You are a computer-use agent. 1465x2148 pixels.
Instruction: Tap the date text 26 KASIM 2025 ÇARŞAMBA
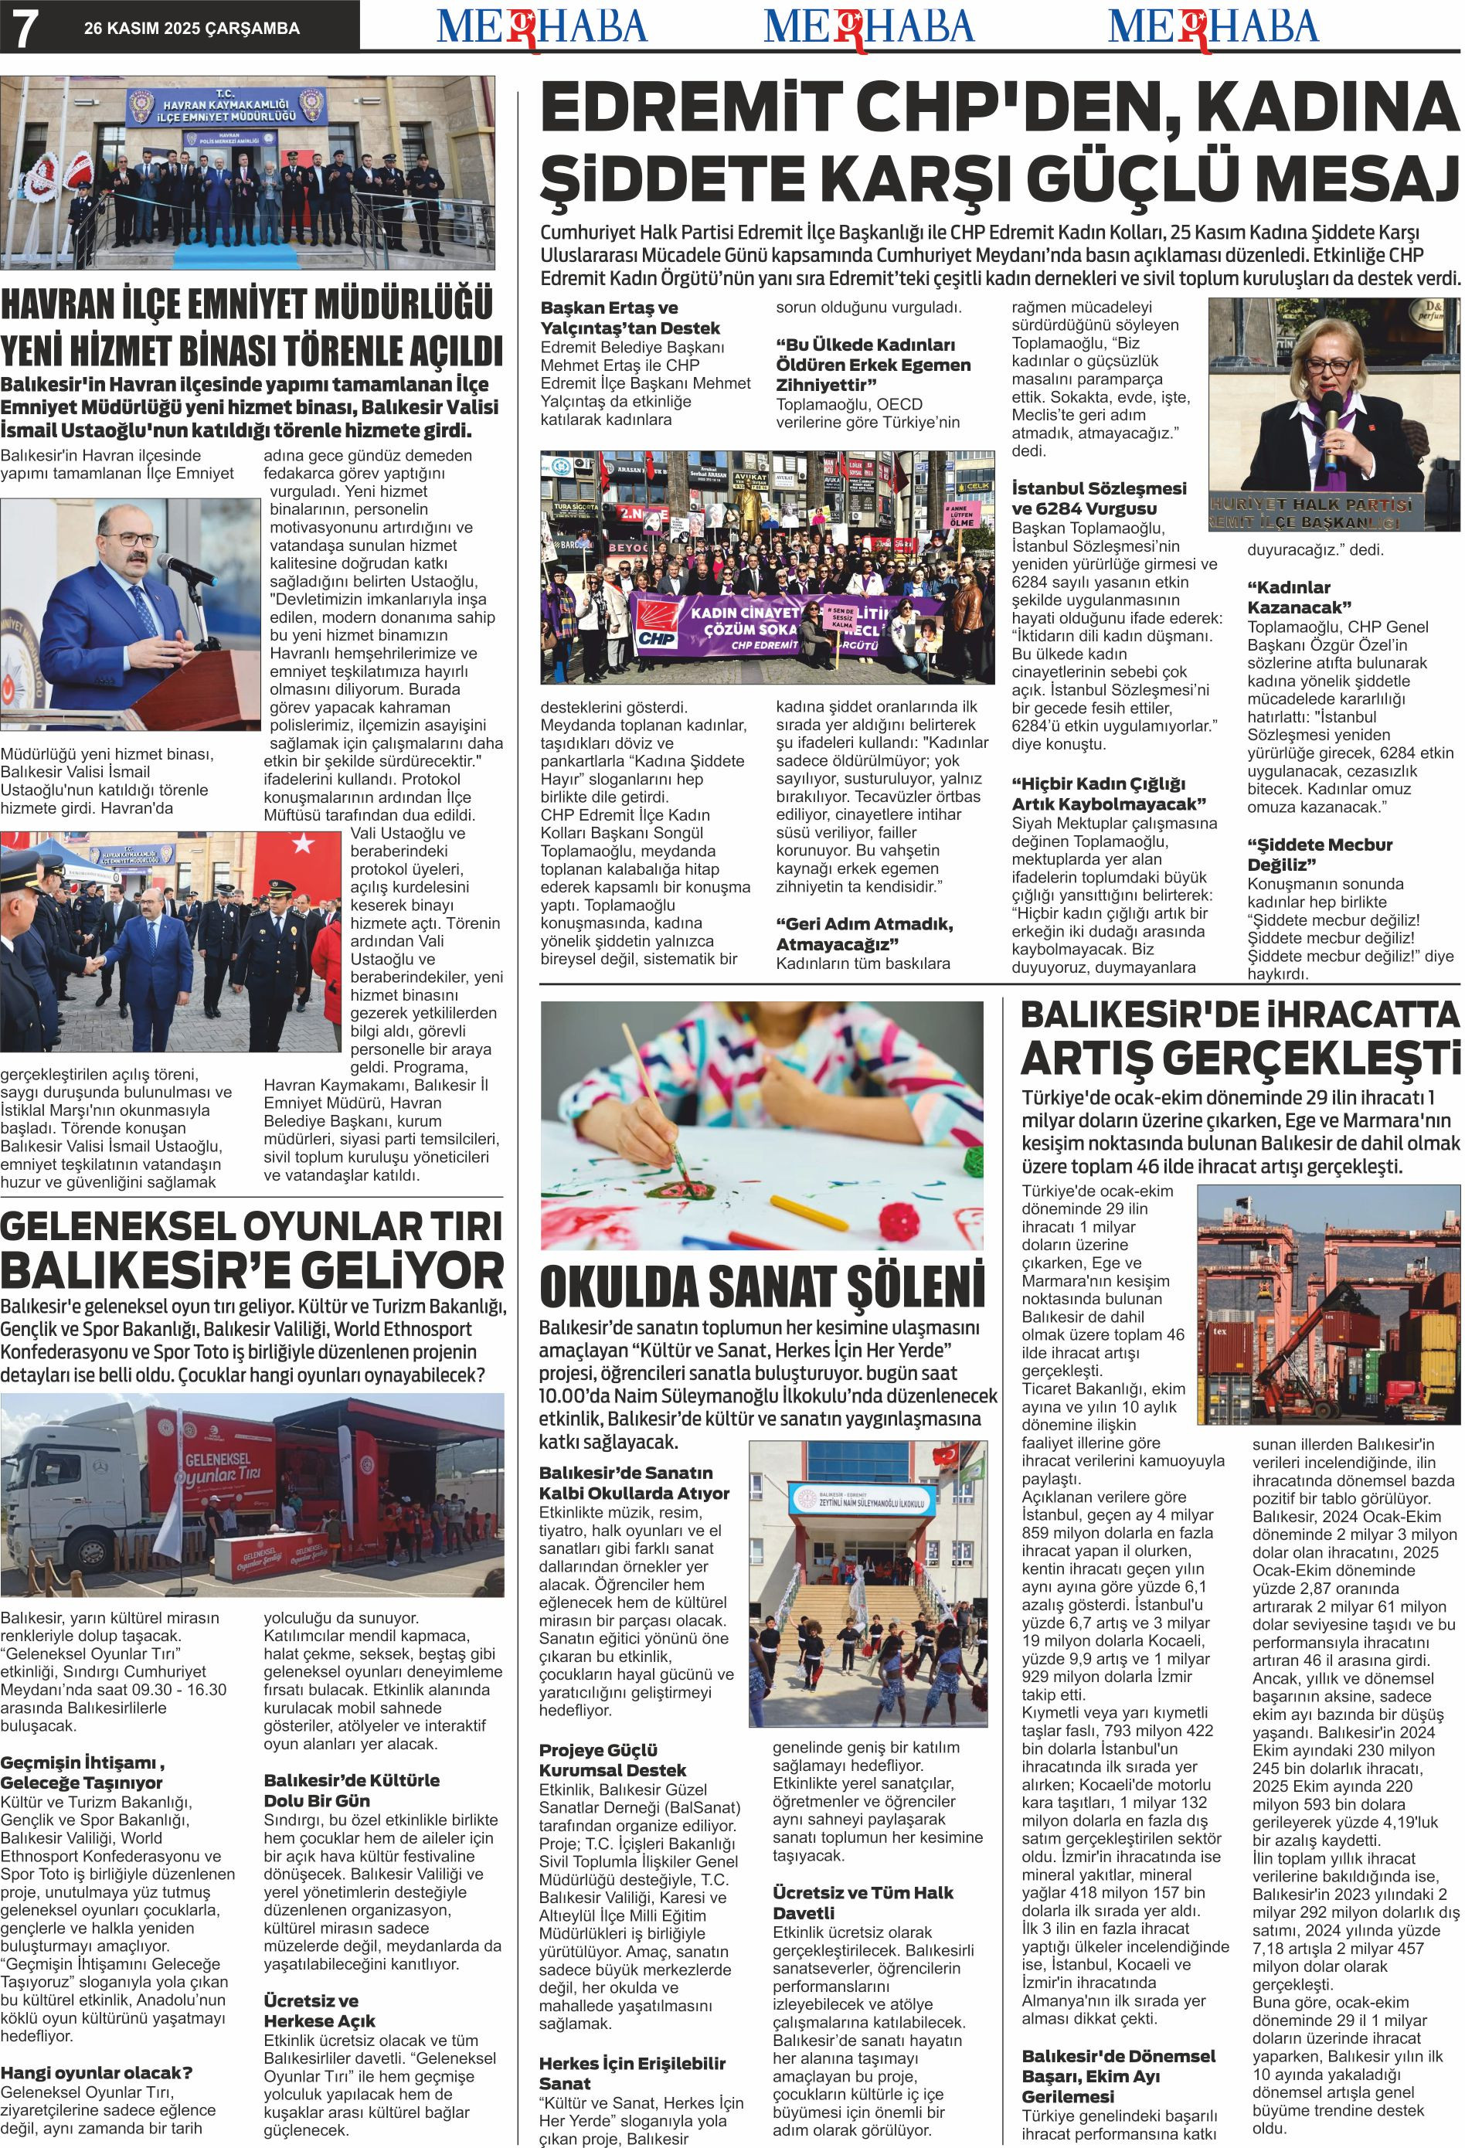192,29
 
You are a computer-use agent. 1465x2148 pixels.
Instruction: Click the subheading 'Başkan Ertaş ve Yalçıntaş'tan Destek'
630,317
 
